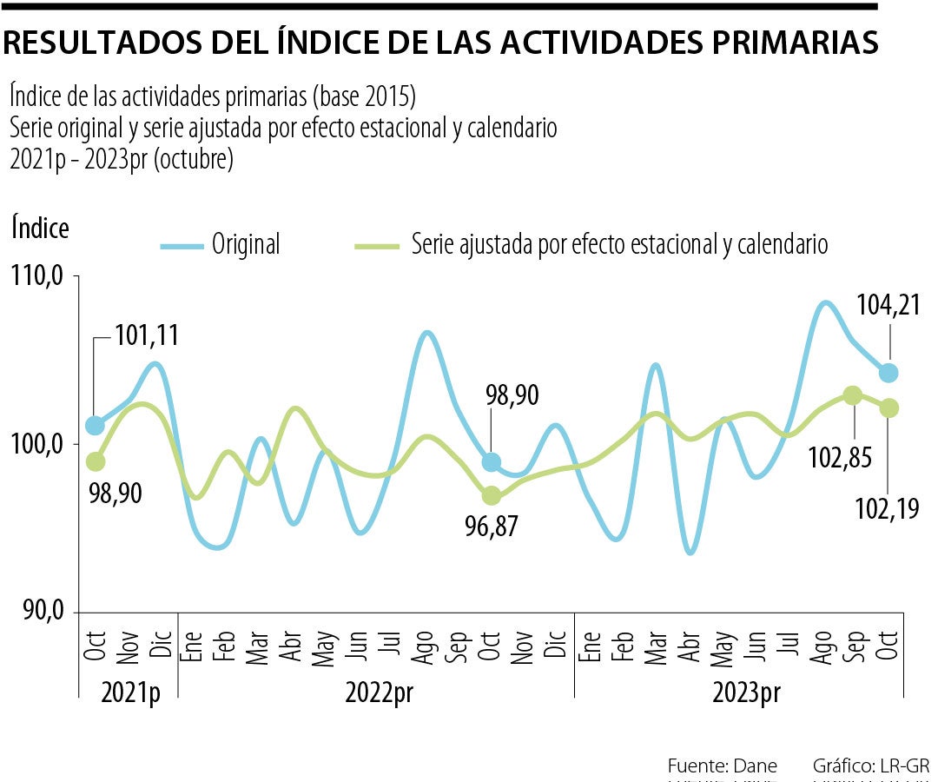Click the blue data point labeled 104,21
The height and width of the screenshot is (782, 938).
click(888, 373)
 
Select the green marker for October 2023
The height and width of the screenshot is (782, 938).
click(888, 408)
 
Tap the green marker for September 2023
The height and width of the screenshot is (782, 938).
click(853, 395)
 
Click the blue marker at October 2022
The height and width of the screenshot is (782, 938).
click(492, 462)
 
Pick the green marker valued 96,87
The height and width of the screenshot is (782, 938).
click(492, 495)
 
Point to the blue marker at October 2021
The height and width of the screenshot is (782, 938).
click(95, 426)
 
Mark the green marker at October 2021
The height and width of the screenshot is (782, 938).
click(96, 461)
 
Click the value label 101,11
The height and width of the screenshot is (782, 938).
click(146, 337)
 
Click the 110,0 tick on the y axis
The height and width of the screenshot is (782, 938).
click(39, 277)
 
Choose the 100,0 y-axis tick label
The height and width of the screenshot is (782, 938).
click(39, 444)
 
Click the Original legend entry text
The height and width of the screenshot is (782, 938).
click(246, 245)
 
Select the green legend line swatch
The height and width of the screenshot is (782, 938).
click(377, 246)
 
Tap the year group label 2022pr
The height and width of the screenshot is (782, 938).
click(379, 693)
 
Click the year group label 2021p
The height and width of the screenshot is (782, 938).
click(130, 693)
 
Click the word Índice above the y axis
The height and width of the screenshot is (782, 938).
click(40, 228)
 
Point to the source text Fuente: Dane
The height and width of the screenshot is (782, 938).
click(722, 765)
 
